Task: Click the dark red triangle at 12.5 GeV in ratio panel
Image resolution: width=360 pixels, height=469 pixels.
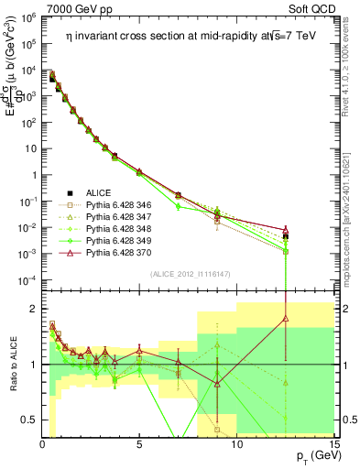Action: pyautogui.click(x=286, y=318)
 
